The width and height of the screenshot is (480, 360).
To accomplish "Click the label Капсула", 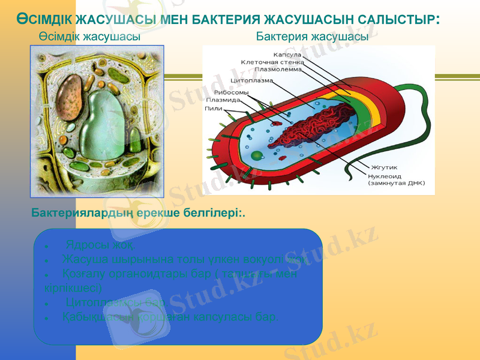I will click(x=287, y=55).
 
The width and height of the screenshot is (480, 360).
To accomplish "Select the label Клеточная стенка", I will click(x=272, y=62).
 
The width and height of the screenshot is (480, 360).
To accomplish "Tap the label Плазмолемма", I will click(x=279, y=69).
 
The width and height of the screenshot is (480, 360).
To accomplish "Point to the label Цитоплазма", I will click(x=252, y=80).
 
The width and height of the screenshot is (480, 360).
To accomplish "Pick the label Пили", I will click(x=213, y=109).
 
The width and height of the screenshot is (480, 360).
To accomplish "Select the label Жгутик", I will click(x=384, y=167).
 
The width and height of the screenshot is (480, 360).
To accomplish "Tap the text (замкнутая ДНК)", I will click(x=396, y=183).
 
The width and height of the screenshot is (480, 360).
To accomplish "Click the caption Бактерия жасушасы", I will click(x=312, y=37).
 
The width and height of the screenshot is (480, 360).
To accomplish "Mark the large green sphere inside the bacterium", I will click(x=256, y=156).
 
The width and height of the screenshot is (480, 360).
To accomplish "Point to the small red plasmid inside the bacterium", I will click(x=277, y=124).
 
